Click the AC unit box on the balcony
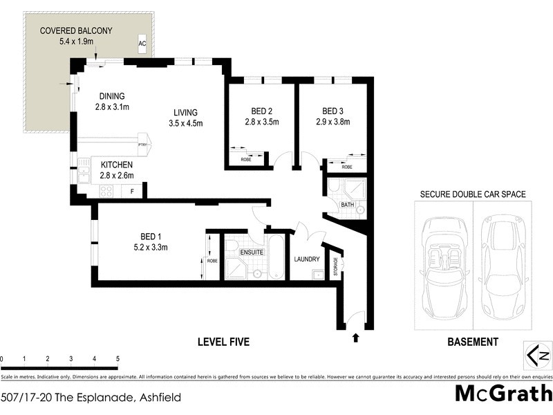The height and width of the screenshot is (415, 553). (142, 44)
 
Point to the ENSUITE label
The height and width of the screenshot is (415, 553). (252, 252)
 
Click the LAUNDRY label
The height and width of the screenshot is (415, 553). (306, 259)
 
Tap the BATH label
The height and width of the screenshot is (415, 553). (346, 205)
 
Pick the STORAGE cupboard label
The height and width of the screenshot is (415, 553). (337, 265)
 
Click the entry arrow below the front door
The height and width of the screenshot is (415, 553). (356, 338)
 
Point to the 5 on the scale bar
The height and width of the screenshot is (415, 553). (118, 359)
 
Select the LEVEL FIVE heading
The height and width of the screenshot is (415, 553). (223, 342)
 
